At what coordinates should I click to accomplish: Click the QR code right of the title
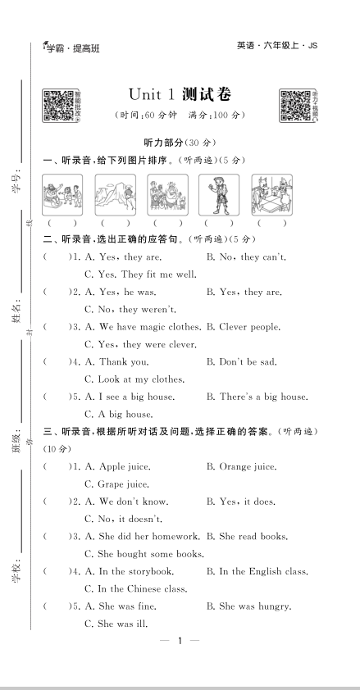pyautogui.click(x=295, y=105)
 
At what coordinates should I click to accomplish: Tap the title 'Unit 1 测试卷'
pyautogui.click(x=180, y=95)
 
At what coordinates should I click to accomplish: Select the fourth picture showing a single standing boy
pyautogui.click(x=219, y=195)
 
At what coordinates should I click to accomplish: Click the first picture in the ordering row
pyautogui.click(x=62, y=195)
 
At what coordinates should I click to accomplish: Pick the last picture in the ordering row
pyautogui.click(x=271, y=195)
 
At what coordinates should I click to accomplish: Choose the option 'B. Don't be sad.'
pyautogui.click(x=242, y=362)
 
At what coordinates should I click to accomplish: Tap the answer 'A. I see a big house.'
pyautogui.click(x=130, y=397)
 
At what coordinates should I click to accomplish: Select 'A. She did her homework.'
pyautogui.click(x=144, y=537)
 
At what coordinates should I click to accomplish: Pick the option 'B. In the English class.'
pyautogui.click(x=257, y=572)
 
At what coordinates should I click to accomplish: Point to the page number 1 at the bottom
pyautogui.click(x=179, y=663)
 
